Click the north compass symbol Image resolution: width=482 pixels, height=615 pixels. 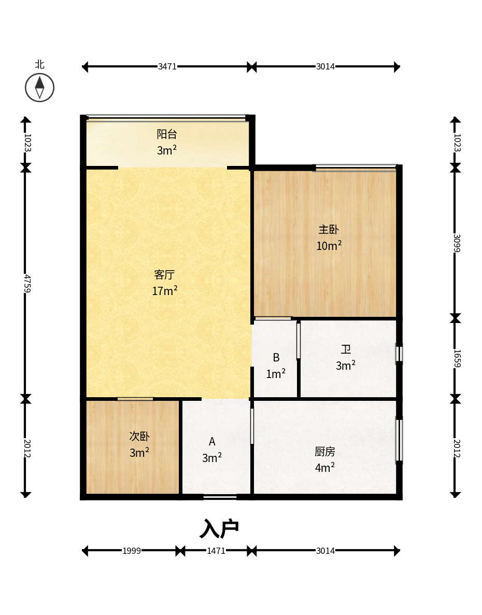pyautogui.click(x=39, y=88)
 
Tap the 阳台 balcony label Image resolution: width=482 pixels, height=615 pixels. pyautogui.click(x=167, y=134)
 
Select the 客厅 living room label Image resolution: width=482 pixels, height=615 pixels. pyautogui.click(x=164, y=274)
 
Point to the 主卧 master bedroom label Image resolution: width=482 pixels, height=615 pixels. pyautogui.click(x=329, y=229)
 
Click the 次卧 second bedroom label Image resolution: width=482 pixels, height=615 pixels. pyautogui.click(x=139, y=436)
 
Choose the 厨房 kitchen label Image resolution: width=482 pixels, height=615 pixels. pyautogui.click(x=325, y=452)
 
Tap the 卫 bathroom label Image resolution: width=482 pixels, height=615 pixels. pyautogui.click(x=346, y=349)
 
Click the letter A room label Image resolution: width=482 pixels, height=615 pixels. pyautogui.click(x=212, y=442)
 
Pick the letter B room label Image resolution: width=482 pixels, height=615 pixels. pyautogui.click(x=276, y=358)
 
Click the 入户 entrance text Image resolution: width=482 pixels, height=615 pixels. pyautogui.click(x=219, y=529)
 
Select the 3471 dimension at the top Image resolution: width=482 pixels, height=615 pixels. pyautogui.click(x=167, y=67)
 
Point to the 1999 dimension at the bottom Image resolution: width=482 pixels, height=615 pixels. pyautogui.click(x=132, y=551)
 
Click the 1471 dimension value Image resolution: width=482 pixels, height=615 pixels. pyautogui.click(x=216, y=551)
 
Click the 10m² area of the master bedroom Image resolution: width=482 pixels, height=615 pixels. pyautogui.click(x=329, y=246)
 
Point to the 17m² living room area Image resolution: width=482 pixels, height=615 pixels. pyautogui.click(x=165, y=290)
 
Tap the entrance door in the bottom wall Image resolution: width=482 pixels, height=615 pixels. pyautogui.click(x=220, y=497)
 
